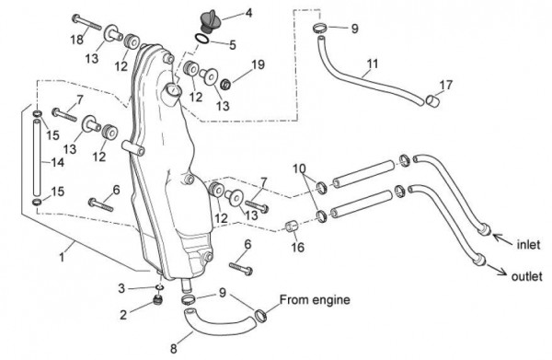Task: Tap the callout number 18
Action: (x=76, y=40)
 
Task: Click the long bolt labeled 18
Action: (x=86, y=22)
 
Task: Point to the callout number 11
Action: (x=373, y=64)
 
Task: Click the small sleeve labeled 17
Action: (x=433, y=100)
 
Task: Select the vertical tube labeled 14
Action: (x=37, y=157)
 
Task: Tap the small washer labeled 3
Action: (x=159, y=288)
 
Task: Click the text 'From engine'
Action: (x=315, y=300)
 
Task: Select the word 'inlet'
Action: (x=528, y=244)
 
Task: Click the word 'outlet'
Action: (x=526, y=276)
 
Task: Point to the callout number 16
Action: (x=297, y=247)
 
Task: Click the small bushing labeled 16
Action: (x=291, y=226)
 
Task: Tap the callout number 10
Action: (x=299, y=168)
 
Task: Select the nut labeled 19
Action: (x=225, y=85)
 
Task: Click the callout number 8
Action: (x=173, y=349)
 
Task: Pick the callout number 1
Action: (x=62, y=257)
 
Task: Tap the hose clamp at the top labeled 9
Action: (x=319, y=29)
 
